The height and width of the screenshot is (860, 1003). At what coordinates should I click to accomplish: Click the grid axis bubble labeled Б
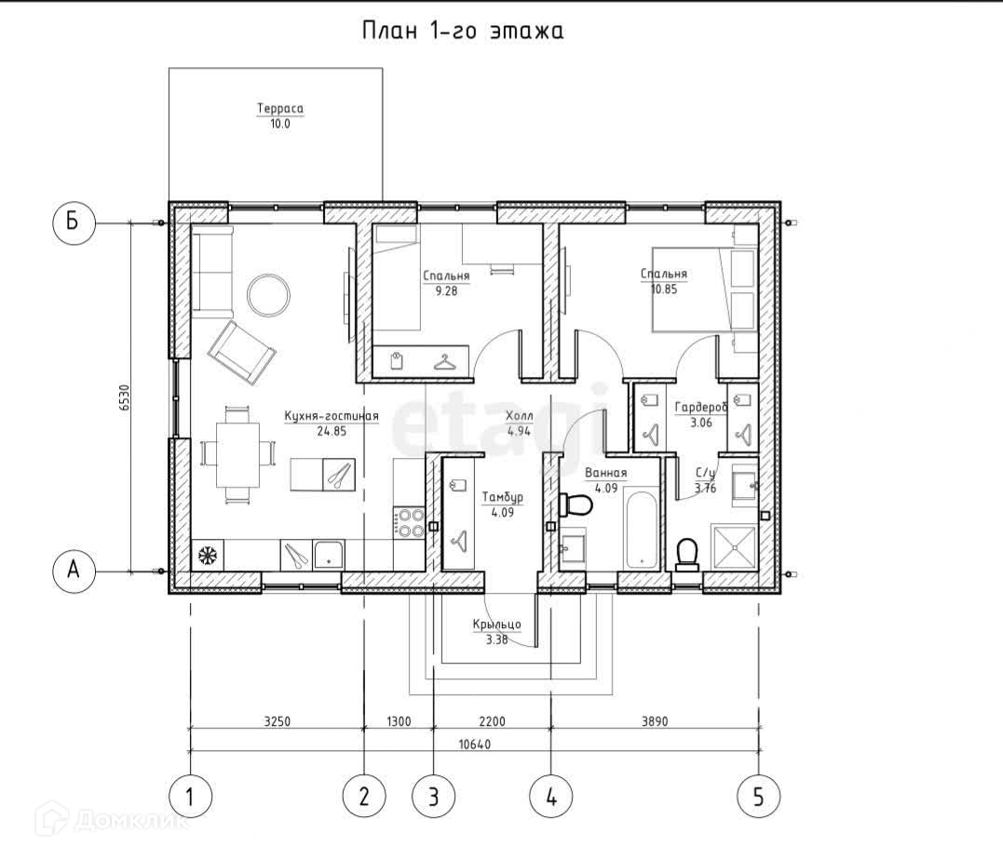(x=73, y=222)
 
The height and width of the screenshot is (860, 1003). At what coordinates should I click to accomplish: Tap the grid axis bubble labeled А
(x=74, y=570)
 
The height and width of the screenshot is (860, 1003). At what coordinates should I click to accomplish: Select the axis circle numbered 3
(x=434, y=798)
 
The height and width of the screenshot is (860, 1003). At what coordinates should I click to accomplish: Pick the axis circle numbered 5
(x=759, y=798)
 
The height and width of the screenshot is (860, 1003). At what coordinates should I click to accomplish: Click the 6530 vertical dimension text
(x=125, y=397)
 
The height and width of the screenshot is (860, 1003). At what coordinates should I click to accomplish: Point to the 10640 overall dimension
(x=475, y=745)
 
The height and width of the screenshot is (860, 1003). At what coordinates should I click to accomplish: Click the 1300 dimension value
(x=400, y=722)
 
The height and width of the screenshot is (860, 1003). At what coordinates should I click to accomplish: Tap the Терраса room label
(x=280, y=108)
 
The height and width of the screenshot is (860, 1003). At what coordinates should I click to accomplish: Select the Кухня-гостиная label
(x=332, y=416)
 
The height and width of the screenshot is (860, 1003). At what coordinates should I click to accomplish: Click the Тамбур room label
(x=503, y=497)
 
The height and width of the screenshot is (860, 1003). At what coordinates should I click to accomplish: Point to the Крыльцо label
(x=497, y=625)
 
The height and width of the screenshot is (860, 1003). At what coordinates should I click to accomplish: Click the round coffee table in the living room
(x=268, y=294)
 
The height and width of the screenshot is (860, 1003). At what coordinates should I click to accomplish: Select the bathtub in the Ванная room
(x=642, y=530)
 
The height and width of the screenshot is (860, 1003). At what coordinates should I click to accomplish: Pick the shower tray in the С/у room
(x=735, y=547)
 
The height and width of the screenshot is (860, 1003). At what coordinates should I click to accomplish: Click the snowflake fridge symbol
(x=208, y=555)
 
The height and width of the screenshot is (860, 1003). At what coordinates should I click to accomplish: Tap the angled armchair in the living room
(x=242, y=354)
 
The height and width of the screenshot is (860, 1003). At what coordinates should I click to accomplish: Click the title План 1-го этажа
(x=463, y=31)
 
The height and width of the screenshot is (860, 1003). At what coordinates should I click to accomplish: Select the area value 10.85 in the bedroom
(x=663, y=289)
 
